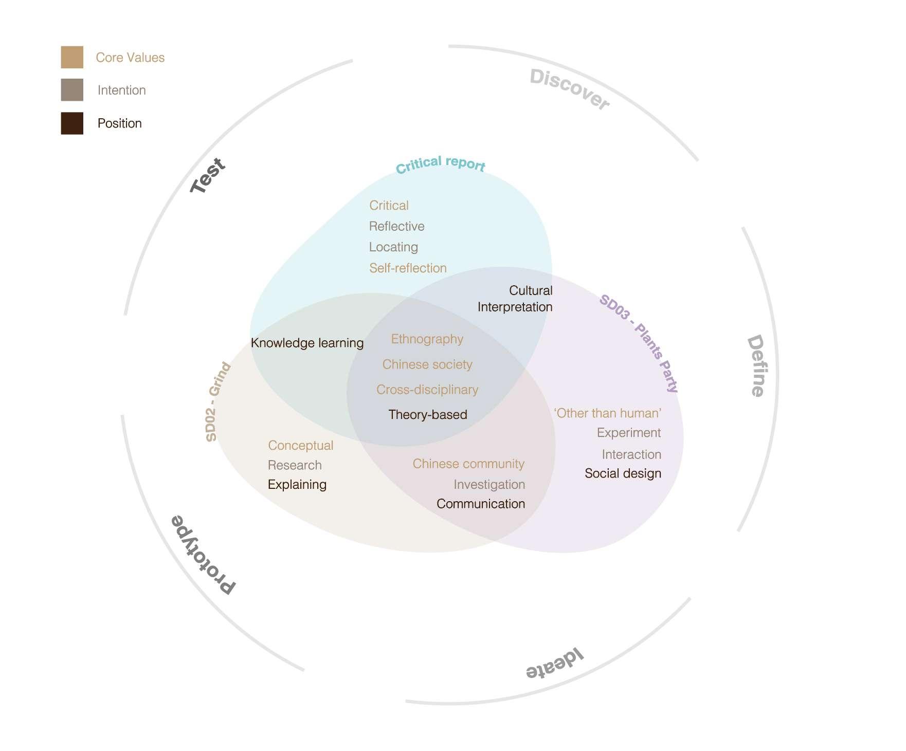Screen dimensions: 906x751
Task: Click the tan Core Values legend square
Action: pos(72,57)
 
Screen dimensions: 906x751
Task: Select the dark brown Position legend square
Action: pos(72,123)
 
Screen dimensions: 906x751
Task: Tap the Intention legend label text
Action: pos(122,90)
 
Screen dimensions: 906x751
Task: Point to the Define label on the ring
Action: pos(756,365)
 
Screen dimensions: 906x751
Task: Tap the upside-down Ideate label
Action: pos(554,665)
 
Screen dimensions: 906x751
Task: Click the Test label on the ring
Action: pos(208,175)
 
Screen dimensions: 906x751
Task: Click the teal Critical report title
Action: pos(440,164)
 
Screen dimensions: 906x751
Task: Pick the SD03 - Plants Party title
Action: pos(639,343)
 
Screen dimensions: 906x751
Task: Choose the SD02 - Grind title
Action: pos(218,401)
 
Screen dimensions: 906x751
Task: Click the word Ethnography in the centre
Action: pos(427,339)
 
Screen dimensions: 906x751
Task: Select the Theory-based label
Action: pos(428,415)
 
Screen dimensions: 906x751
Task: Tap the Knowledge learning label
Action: pos(307,343)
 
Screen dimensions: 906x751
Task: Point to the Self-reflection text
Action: pos(408,268)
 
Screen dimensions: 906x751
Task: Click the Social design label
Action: pos(623,473)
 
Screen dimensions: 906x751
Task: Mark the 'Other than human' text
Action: pos(608,413)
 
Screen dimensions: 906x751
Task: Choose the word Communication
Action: pos(481,504)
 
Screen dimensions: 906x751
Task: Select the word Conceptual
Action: pos(300,446)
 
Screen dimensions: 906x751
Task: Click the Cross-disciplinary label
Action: pos(427,390)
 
